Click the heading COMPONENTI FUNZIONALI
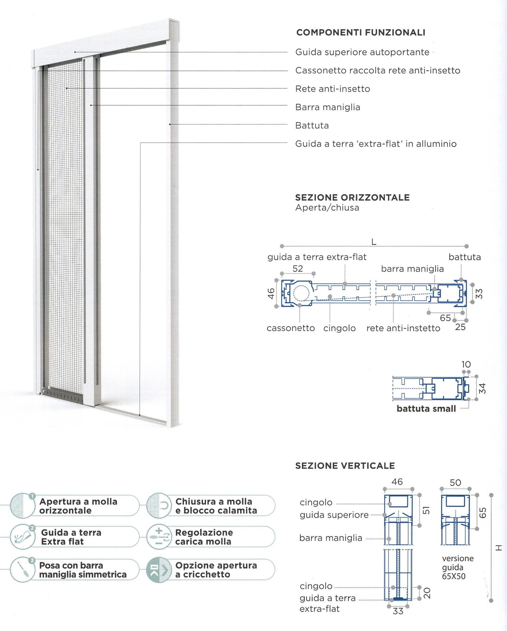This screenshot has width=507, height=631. [x=361, y=33]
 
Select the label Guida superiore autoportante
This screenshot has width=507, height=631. [x=362, y=52]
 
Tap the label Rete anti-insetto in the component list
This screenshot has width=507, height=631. [x=332, y=89]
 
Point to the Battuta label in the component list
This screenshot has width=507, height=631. [x=312, y=126]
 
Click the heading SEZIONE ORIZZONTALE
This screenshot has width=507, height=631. [x=352, y=198]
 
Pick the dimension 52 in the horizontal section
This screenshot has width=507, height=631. [x=298, y=269]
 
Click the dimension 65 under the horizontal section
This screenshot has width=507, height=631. [x=445, y=318]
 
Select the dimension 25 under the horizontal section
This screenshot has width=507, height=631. [x=460, y=327]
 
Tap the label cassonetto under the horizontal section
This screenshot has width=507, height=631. [x=291, y=328]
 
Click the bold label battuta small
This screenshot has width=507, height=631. [x=426, y=409]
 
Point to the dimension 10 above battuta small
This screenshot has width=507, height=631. [x=466, y=364]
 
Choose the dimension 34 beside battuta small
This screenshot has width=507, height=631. [x=482, y=388]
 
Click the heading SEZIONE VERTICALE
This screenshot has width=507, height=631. [x=345, y=466]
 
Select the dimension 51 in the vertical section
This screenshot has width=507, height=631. [x=427, y=510]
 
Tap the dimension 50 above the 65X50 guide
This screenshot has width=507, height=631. [x=455, y=483]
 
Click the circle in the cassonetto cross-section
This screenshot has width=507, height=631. [x=301, y=293]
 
